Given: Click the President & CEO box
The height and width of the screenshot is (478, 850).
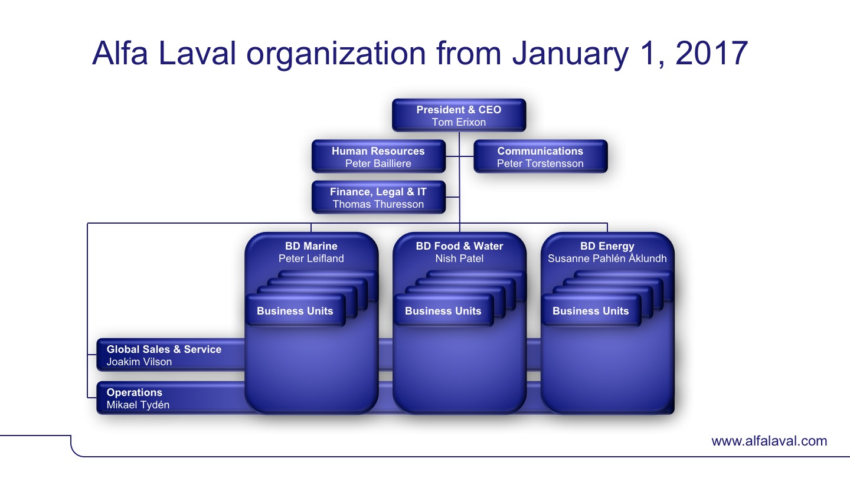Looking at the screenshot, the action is [459, 115].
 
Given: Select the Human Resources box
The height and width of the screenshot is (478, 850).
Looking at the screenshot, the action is [378, 156].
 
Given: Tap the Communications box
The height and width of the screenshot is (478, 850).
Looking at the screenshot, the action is [540, 156].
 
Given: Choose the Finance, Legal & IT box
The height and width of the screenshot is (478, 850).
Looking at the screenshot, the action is [378, 197].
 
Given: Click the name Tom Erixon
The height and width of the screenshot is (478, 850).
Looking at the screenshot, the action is [459, 122].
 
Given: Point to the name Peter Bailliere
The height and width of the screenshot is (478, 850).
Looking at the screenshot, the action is [378, 163].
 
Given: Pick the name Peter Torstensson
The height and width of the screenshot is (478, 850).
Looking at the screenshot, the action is [540, 163].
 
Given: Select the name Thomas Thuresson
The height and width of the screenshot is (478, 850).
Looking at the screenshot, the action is [378, 204].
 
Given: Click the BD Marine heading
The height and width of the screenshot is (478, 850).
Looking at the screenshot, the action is [311, 246].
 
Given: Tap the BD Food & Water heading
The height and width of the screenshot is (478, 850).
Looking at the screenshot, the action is [459, 246].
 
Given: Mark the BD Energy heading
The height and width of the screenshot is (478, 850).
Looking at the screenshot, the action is [607, 247].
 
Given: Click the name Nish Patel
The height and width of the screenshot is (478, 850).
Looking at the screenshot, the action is [459, 258].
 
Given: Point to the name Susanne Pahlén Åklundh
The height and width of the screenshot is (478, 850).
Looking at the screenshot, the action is [607, 258].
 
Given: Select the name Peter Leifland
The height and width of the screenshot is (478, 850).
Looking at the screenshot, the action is [311, 258].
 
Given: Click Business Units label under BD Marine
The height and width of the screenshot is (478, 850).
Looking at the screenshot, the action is [295, 311].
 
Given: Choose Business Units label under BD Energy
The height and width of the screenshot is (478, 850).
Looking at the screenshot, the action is [590, 311].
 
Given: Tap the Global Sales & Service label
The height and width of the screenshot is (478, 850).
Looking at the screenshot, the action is [164, 349].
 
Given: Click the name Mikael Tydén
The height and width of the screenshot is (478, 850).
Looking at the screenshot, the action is [138, 405].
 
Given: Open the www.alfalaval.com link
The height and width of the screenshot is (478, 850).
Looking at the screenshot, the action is [769, 441].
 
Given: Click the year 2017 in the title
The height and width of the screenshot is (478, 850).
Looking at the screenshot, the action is [711, 53].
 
